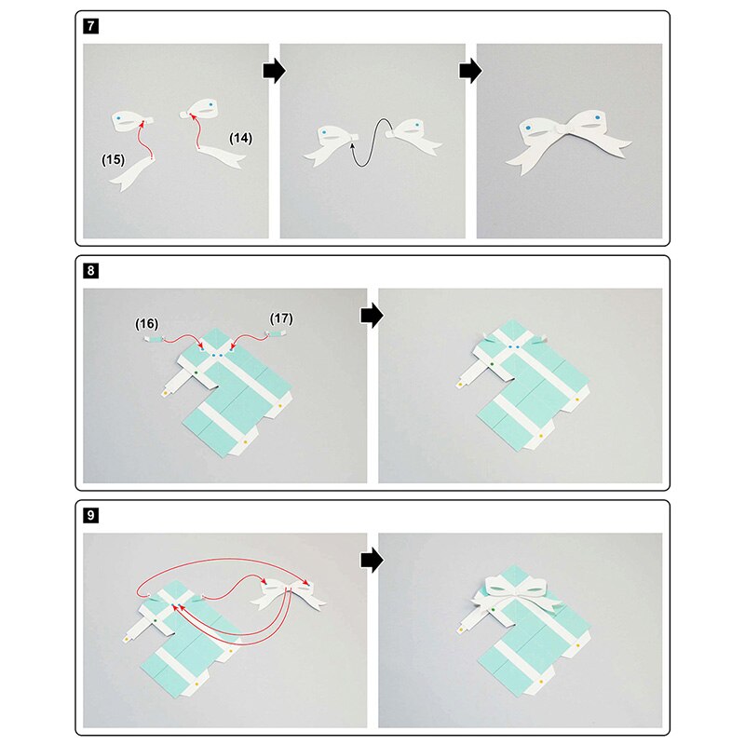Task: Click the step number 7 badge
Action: [x=90, y=26]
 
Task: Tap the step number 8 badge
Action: [x=90, y=271]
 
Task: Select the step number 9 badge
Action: [x=90, y=515]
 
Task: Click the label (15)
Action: [x=113, y=159]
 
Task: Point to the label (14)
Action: [x=241, y=138]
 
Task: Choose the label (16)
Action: [x=146, y=324]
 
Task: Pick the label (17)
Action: [x=281, y=318]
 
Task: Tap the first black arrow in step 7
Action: [x=274, y=72]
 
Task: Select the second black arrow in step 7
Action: [x=471, y=72]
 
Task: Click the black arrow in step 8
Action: [x=372, y=316]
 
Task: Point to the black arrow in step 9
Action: [x=372, y=561]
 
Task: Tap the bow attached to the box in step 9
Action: [x=516, y=595]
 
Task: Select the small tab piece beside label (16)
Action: [x=153, y=339]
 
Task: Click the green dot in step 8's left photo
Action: [x=196, y=373]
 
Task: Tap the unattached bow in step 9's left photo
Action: [x=289, y=595]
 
